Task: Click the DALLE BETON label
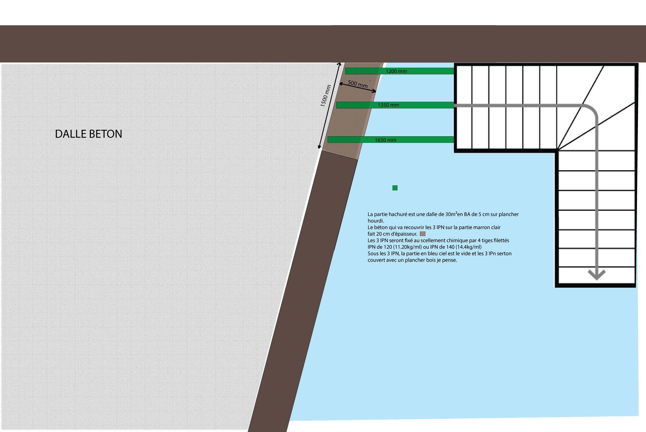[89, 134]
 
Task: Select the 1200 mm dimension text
[396, 71]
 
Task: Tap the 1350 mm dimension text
[388, 105]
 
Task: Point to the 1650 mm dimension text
[385, 140]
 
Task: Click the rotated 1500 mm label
[326, 96]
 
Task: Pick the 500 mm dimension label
[358, 84]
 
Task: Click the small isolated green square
[395, 188]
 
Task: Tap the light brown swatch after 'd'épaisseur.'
[422, 234]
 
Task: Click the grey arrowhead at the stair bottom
[596, 275]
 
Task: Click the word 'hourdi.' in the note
[376, 221]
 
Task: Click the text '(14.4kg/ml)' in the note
[468, 247]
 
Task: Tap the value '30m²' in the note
[451, 214]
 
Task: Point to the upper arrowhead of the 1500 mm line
[339, 64]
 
